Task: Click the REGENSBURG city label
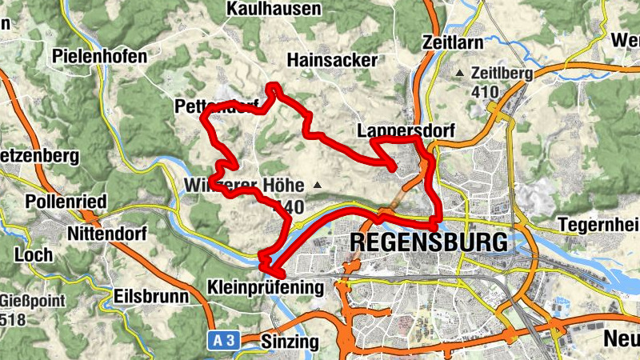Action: [429, 242]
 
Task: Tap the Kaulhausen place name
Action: [274, 9]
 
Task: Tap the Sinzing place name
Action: [290, 342]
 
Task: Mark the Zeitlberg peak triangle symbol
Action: [459, 74]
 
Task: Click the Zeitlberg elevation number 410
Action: [485, 92]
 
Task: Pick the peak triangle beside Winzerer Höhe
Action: [318, 186]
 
